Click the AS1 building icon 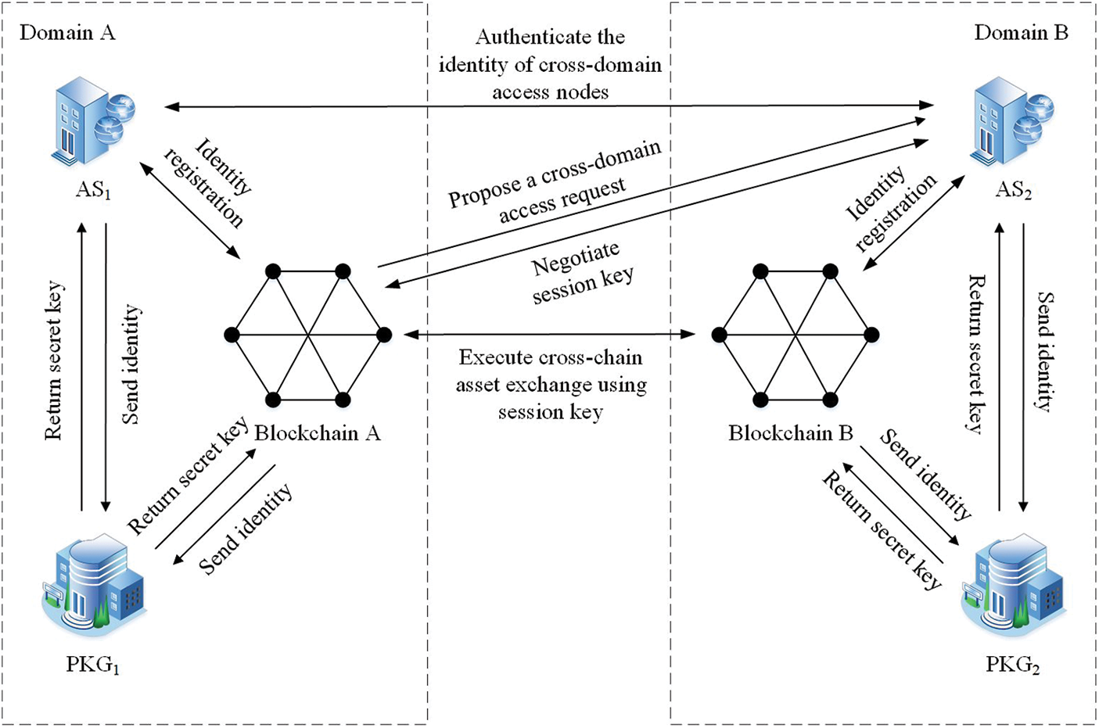[93, 122]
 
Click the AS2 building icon [1012, 122]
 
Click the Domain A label [67, 33]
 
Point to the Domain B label [1021, 33]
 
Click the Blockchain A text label [318, 433]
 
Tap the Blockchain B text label [790, 433]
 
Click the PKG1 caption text [93, 665]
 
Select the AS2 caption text [1013, 190]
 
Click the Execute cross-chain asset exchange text [551, 385]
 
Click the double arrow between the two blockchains [549, 335]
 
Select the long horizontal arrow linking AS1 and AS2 [548, 106]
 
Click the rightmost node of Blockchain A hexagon [384, 335]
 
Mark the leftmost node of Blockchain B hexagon [719, 335]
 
